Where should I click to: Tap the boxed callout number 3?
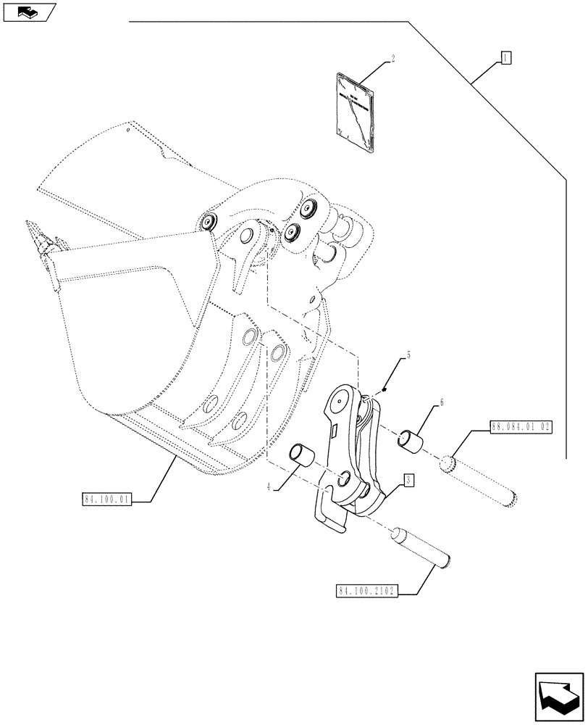tap(408, 479)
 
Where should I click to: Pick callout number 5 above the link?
tap(408, 355)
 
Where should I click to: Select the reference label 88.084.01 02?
tap(521, 428)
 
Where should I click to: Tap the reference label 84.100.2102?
tap(366, 591)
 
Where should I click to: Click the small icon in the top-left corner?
tap(27, 12)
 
